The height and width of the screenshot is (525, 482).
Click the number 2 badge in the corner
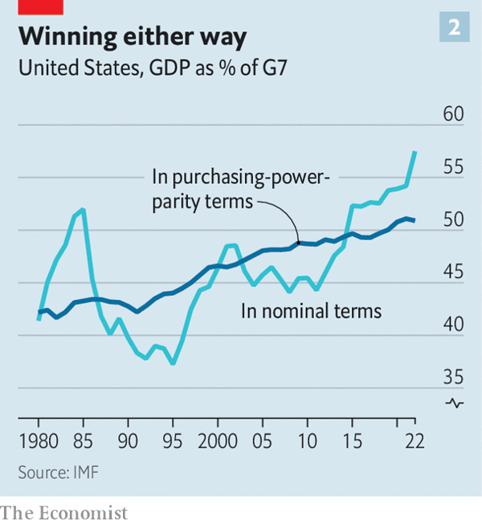click(x=453, y=28)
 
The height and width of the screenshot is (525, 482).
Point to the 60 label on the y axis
click(x=454, y=115)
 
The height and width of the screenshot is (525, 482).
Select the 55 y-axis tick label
click(x=454, y=168)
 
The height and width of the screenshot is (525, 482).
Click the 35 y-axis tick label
click(x=454, y=377)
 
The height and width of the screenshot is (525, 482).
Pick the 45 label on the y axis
click(x=454, y=273)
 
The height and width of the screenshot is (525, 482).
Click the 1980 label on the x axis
click(x=39, y=441)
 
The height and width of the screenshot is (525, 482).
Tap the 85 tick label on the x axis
click(x=82, y=441)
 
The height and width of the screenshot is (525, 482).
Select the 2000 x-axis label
click(x=216, y=441)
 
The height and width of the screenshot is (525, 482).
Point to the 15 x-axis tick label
click(x=351, y=441)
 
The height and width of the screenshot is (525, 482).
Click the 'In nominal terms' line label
click(x=311, y=310)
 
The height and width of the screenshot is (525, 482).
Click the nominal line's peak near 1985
click(x=84, y=209)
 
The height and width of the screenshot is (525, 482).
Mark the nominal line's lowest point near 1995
click(x=172, y=363)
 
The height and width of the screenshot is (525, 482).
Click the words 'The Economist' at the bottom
click(x=64, y=512)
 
